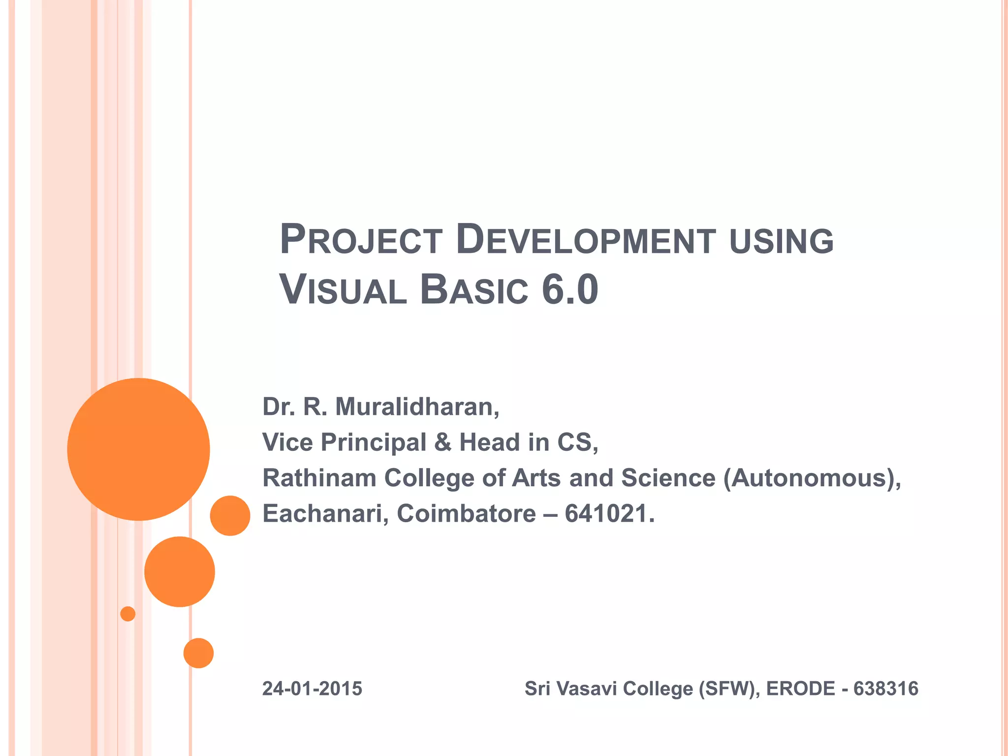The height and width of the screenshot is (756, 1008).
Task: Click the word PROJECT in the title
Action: pos(361,240)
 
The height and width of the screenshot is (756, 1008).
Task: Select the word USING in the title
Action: pos(781,241)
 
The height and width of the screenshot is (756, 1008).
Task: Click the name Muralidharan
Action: pos(417,407)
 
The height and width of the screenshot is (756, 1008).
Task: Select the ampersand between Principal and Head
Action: pos(442,442)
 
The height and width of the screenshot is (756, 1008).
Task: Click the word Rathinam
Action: pos(319,478)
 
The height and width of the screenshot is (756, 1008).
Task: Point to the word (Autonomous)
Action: pos(812,478)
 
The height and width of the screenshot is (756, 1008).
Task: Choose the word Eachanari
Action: pos(325,514)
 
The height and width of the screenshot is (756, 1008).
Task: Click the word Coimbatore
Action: pos(466,514)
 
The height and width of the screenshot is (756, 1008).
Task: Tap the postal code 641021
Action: pos(609,514)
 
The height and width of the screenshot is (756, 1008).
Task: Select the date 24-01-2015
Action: pos(312,689)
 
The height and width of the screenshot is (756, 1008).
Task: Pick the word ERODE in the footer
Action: pos(800,689)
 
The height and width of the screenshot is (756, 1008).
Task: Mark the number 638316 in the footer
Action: pos(885,689)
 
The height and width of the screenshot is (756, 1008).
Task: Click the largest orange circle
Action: pos(138,449)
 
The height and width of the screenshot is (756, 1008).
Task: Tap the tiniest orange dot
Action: pos(127,614)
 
